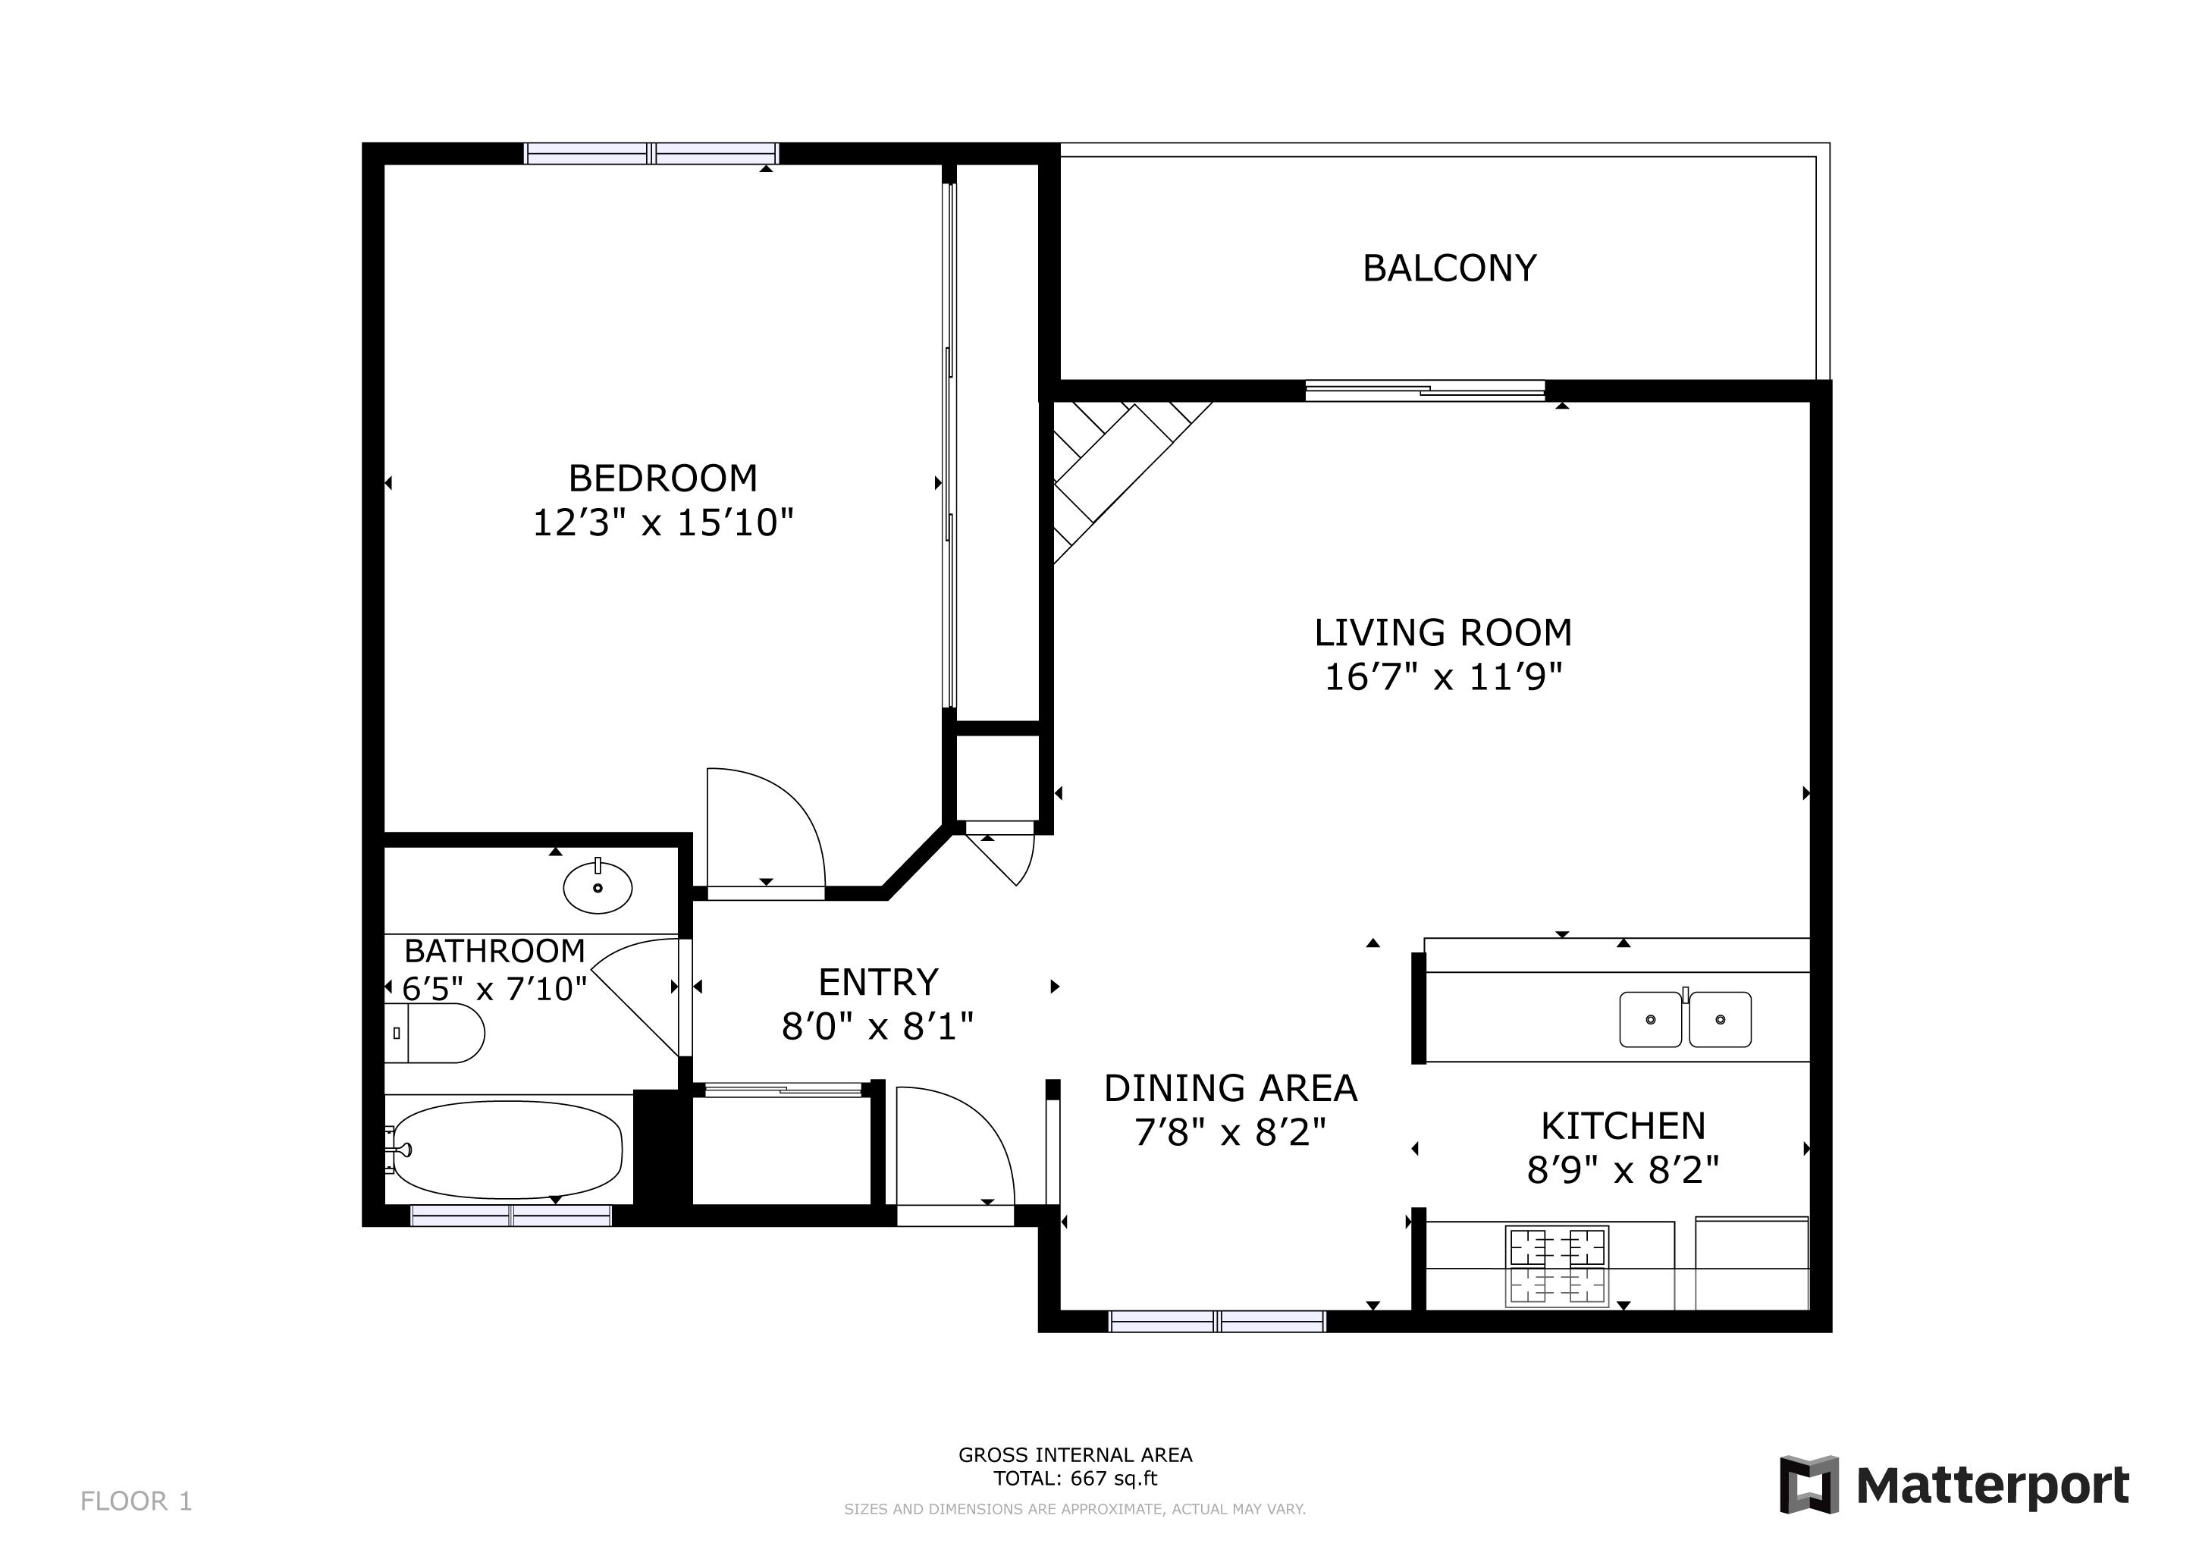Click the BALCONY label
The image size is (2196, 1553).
1449,268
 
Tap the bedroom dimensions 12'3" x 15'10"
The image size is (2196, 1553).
663,523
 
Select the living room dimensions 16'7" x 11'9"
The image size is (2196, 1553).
1442,678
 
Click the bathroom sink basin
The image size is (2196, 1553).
598,887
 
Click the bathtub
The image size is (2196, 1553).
508,1149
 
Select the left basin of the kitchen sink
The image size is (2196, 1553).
1650,1019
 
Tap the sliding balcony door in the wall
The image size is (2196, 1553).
1425,391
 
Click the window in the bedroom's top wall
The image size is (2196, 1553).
651,153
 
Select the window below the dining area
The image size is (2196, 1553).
1216,1322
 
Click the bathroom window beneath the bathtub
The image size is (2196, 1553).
511,1216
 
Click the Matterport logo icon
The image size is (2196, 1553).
1808,1485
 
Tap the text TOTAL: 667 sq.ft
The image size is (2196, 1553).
1075,1479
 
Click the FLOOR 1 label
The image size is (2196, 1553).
136,1501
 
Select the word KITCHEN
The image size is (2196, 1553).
1623,1127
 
